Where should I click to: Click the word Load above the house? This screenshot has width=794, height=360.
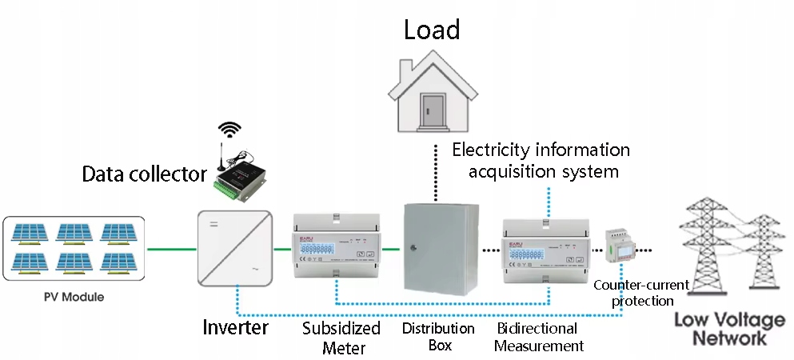pyautogui.click(x=432, y=30)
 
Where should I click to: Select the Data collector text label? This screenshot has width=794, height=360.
pyautogui.click(x=145, y=174)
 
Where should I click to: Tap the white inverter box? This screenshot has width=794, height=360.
pyautogui.click(x=235, y=248)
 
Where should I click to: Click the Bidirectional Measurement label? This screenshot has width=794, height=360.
pyautogui.click(x=539, y=338)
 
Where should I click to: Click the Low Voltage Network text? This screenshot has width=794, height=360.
pyautogui.click(x=729, y=329)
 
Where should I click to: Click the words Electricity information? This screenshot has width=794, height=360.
pyautogui.click(x=541, y=150)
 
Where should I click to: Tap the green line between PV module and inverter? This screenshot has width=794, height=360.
pyautogui.click(x=170, y=249)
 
